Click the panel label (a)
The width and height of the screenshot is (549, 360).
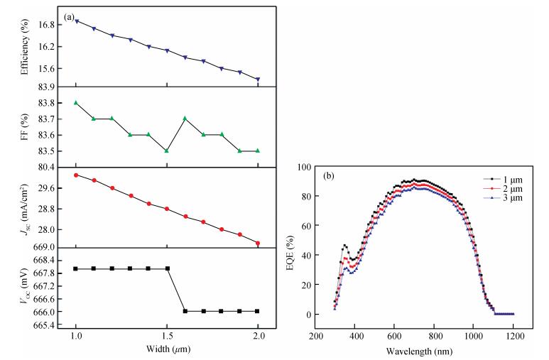pyautogui.click(x=69, y=15)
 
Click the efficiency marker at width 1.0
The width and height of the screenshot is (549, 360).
pyautogui.click(x=76, y=21)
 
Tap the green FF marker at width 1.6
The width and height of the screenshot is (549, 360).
pyautogui.click(x=185, y=119)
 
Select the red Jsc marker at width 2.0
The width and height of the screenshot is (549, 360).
pyautogui.click(x=258, y=243)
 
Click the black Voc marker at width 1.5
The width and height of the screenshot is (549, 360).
pyautogui.click(x=167, y=268)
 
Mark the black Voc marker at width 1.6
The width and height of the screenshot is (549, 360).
pyautogui.click(x=185, y=311)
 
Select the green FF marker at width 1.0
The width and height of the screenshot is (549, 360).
pyautogui.click(x=76, y=103)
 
